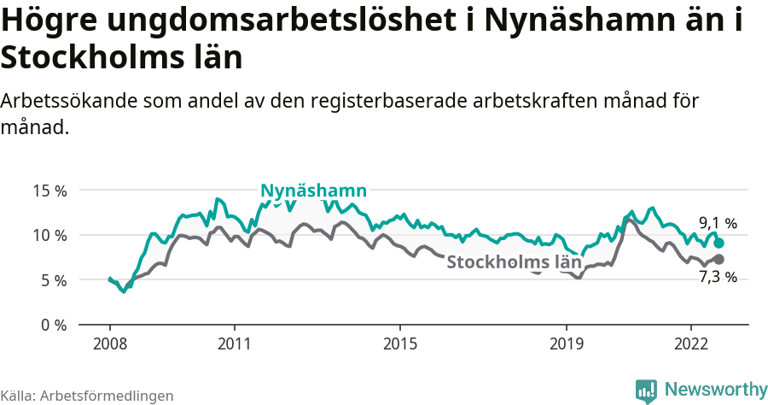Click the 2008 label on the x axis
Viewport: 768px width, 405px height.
pos(110,343)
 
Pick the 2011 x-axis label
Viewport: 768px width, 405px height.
pos(234,343)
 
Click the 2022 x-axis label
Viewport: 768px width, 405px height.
pos(690,343)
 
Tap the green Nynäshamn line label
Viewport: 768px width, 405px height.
pos(313,191)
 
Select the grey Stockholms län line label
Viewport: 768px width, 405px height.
pos(515,262)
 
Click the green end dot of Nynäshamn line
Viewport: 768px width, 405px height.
pos(719,243)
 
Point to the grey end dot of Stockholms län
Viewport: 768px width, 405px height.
pos(719,259)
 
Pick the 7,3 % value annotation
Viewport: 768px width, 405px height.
pos(718,277)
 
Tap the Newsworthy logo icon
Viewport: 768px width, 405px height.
pos(647,390)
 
